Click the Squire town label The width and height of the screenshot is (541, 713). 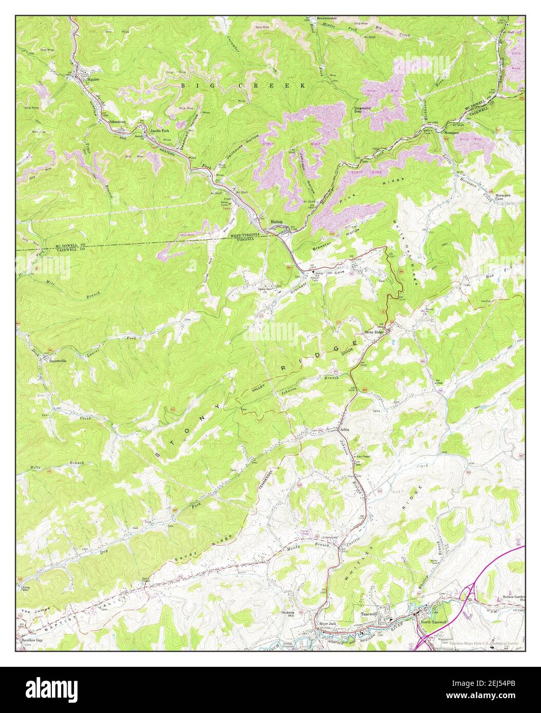click(93, 80)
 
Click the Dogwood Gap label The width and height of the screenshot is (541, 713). click(363, 109)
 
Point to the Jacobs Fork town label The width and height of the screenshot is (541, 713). click(160, 131)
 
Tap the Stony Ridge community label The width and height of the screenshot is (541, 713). click(374, 333)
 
